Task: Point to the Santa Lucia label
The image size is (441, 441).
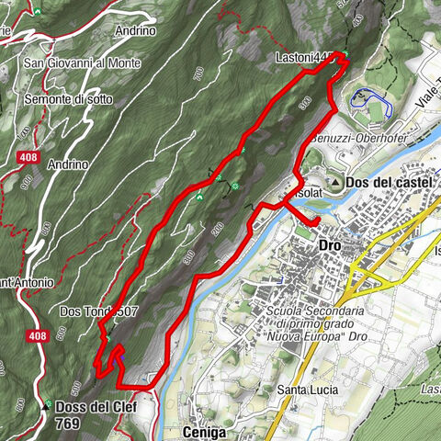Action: pyautogui.click(x=304, y=390)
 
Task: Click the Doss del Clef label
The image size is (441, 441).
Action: pyautogui.click(x=95, y=407)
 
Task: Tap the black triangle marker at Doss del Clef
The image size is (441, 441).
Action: pyautogui.click(x=44, y=406)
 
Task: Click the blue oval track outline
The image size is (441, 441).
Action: pyautogui.click(x=372, y=100)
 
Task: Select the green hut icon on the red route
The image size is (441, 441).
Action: pyautogui.click(x=199, y=196)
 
